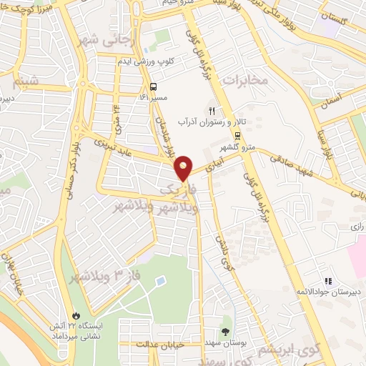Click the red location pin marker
(x=184, y=168)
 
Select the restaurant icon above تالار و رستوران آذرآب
(x=212, y=111)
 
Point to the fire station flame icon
(x=76, y=315)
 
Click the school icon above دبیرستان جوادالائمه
(x=328, y=281)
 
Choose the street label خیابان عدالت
(x=165, y=345)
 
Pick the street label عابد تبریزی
(x=127, y=147)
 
